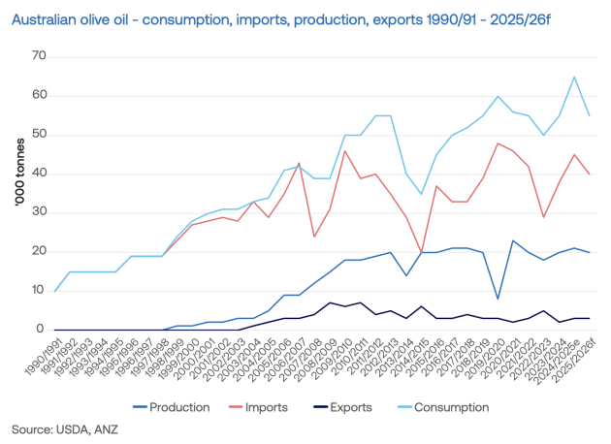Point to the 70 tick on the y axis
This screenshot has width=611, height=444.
[40, 56]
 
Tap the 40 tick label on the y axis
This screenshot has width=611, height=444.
[40, 174]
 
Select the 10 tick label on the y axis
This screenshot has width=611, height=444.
[40, 291]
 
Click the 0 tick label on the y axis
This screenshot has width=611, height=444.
[43, 330]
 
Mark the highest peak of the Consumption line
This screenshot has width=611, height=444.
[574, 77]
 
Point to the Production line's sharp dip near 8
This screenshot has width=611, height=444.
[498, 299]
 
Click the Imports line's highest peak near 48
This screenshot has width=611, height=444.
[498, 143]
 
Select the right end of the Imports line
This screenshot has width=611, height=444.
[590, 174]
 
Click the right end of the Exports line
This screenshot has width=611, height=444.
[590, 318]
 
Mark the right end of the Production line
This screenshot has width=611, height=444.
[590, 252]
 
